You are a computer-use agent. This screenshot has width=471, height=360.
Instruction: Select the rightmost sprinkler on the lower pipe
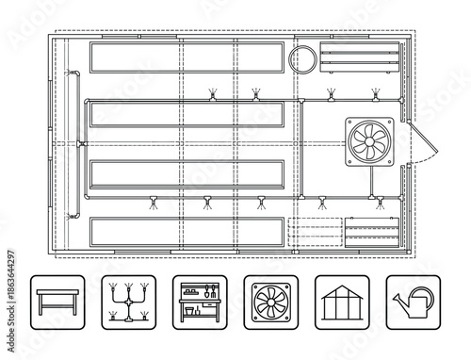[x=378, y=200]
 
